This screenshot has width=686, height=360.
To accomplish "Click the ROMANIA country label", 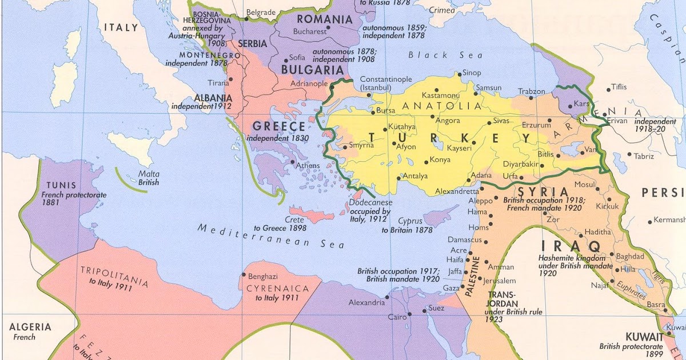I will point(324,19).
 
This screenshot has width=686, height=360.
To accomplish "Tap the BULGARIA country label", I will point(312,70).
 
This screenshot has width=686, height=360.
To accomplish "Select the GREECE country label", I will point(279,126).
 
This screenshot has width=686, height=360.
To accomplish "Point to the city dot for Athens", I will point(293,164).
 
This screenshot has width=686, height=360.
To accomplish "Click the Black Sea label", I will point(446,55).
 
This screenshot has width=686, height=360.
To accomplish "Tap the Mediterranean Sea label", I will point(271,236).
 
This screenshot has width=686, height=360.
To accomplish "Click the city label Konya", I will point(440,160).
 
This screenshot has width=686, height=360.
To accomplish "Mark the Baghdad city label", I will point(631,257).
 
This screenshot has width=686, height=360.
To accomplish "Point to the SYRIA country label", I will point(544,192).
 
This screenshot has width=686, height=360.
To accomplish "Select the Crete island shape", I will point(312,215).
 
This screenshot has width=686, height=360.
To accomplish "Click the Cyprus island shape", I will point(442,217).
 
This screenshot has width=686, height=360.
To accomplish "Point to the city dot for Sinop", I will point(457,74).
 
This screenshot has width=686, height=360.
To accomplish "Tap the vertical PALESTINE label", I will point(474,277).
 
